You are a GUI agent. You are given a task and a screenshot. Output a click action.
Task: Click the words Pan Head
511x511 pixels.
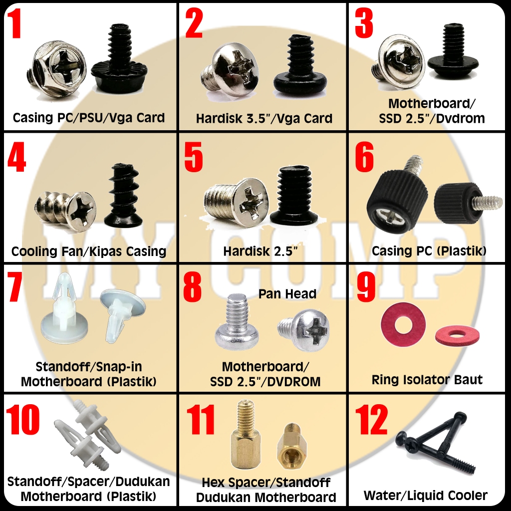pyautogui.click(x=287, y=294)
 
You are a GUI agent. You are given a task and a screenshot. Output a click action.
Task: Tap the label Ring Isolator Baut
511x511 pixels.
pyautogui.click(x=427, y=380)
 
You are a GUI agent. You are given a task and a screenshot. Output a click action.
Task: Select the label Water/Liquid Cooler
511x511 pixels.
pyautogui.click(x=425, y=496)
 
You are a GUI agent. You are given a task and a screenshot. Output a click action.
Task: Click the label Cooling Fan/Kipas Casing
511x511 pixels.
pyautogui.click(x=89, y=251)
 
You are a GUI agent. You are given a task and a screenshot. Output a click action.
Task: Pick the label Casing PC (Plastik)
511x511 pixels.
pyautogui.click(x=429, y=251)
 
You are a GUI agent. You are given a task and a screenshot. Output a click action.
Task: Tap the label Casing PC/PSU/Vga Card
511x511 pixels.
pyautogui.click(x=89, y=118)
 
